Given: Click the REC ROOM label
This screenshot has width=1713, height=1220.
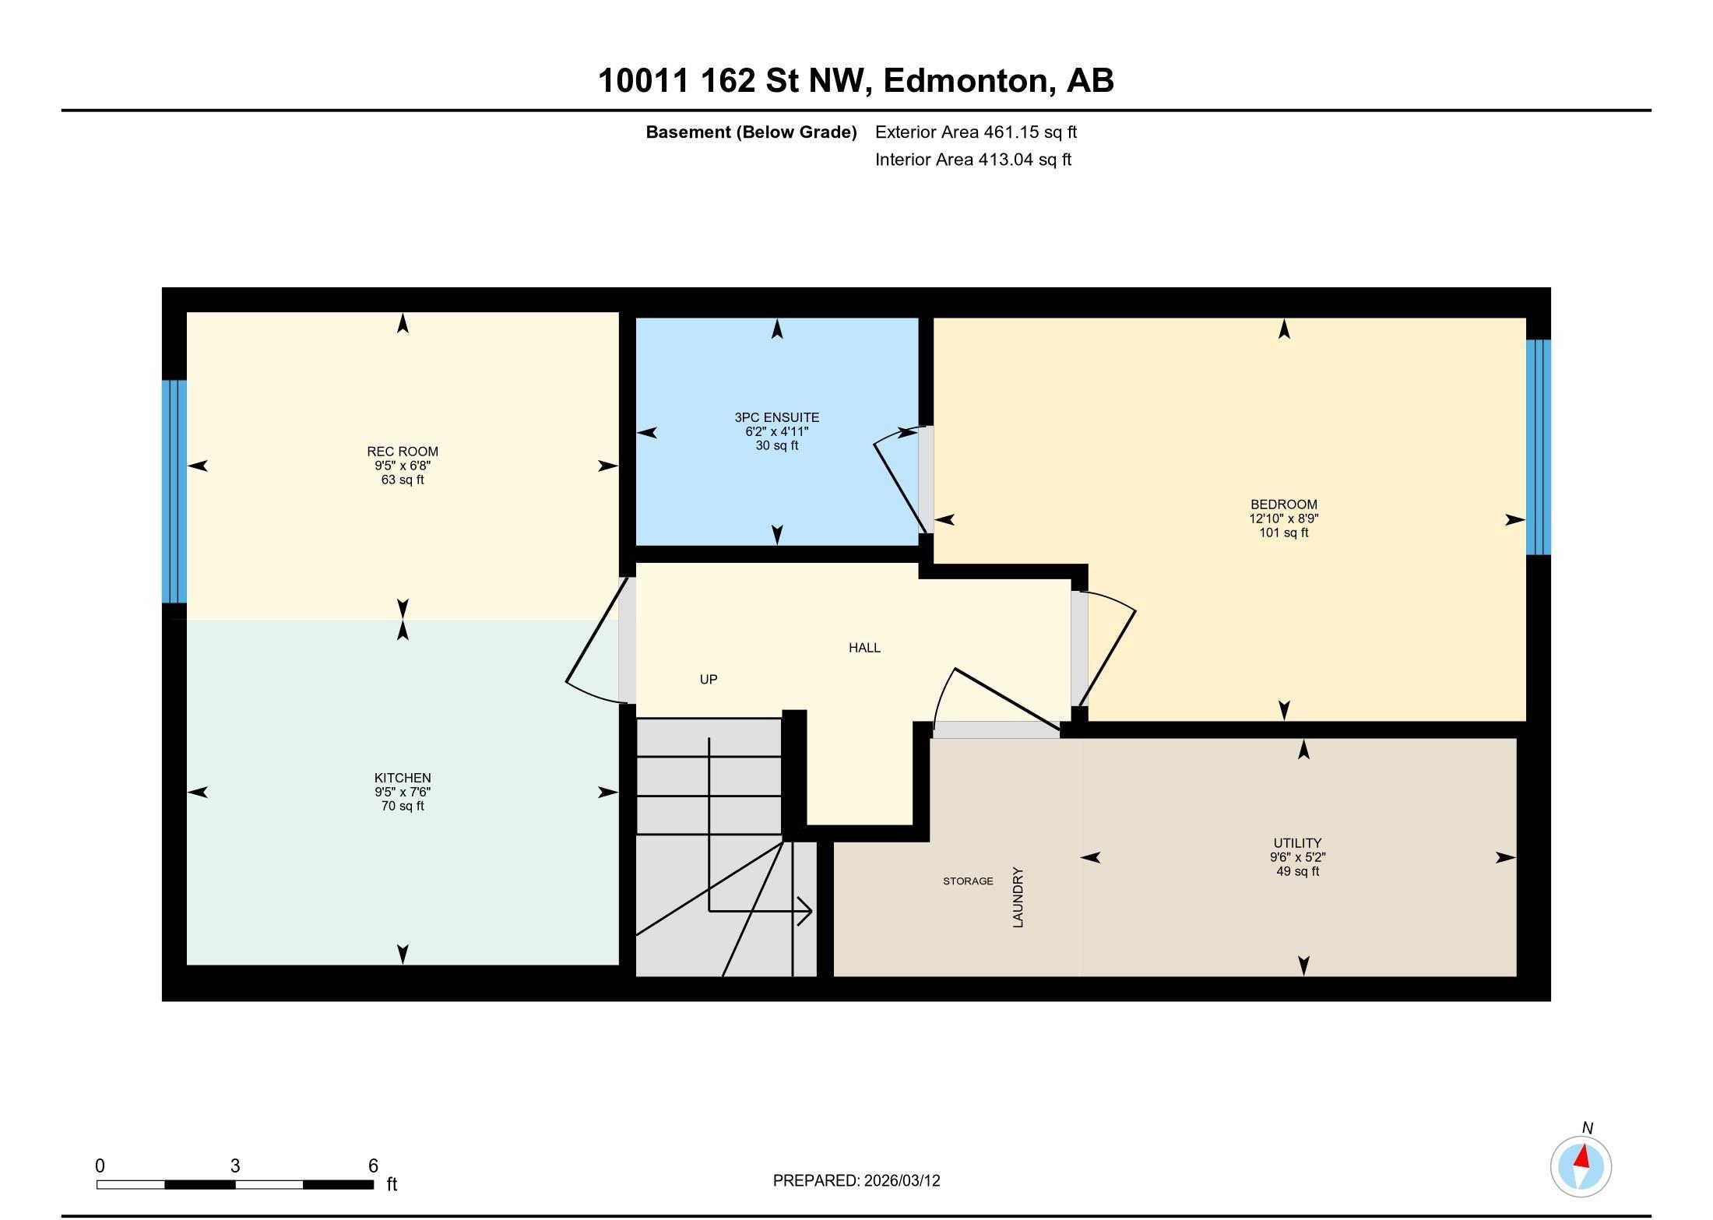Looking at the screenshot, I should click(x=403, y=452).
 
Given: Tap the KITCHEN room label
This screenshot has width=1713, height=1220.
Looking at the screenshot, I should click(x=403, y=778).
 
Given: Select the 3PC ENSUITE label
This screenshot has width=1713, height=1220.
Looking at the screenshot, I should click(x=776, y=417).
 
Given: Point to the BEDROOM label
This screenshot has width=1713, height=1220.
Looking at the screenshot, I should click(x=1283, y=505).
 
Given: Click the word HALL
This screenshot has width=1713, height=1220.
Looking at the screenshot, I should click(x=864, y=648).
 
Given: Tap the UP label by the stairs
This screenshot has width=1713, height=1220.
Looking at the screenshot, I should click(x=708, y=680).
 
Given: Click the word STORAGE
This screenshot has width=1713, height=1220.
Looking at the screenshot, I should click(x=968, y=881).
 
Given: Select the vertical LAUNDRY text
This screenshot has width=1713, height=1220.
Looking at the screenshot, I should click(x=1018, y=898).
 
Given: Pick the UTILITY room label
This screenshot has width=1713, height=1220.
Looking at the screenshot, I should click(x=1297, y=843).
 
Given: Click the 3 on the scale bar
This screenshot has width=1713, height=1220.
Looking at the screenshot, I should click(x=235, y=1166).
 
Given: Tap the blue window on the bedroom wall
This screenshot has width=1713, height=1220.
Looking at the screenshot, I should click(x=1538, y=447).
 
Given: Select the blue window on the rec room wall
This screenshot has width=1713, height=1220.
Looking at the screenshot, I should click(x=174, y=491).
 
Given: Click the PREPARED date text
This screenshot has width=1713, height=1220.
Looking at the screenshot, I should click(x=856, y=1180).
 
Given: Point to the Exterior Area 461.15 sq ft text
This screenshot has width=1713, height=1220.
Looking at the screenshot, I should click(x=976, y=132).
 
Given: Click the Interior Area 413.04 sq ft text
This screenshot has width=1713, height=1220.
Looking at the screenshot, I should click(x=973, y=160).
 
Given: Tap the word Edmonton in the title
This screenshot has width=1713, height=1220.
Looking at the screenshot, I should click(x=966, y=81).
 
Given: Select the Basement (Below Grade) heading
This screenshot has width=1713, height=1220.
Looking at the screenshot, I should click(x=751, y=132).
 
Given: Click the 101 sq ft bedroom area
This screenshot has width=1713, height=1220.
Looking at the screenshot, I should click(x=1283, y=533).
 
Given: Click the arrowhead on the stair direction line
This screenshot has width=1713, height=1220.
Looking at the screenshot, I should click(x=807, y=910).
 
